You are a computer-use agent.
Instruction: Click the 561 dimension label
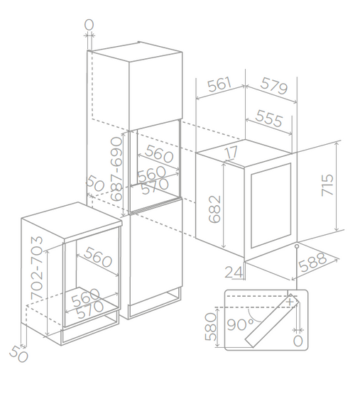219,84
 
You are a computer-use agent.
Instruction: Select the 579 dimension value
274,85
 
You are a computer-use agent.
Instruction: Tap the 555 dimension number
269,118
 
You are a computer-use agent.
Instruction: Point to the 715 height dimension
327,185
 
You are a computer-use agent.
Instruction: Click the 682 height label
214,209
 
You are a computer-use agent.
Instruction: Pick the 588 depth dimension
312,262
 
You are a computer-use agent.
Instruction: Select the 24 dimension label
234,272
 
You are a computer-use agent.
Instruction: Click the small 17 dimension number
231,152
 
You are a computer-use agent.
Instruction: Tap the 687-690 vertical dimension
116,169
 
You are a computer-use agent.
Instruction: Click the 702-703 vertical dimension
37,268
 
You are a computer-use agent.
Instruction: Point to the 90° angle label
240,325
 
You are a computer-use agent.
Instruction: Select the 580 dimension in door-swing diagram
211,327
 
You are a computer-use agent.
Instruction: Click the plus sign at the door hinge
290,302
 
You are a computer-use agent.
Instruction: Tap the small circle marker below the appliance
297,246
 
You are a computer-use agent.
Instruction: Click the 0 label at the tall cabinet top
89,25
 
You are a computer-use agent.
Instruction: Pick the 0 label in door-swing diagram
298,341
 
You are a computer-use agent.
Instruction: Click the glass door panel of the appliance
271,206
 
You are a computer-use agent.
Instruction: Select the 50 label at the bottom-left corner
18,354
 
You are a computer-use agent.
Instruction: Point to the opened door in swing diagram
272,321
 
